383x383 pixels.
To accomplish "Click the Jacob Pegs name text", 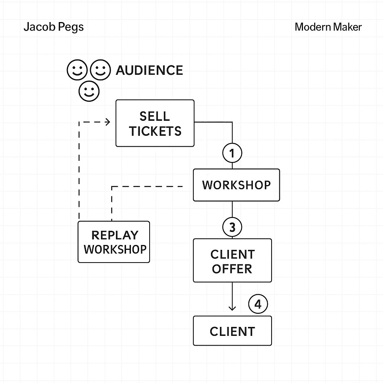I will point(53,27).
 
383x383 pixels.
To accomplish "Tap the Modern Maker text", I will point(328,27).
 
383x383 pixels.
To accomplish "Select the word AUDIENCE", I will point(150,70).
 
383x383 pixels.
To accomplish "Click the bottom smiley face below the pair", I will point(89,91).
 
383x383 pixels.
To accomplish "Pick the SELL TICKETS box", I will point(155,123).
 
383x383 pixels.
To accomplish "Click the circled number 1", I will point(232,153).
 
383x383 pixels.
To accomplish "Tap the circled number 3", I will point(232,227).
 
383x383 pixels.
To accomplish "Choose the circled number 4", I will point(258,304).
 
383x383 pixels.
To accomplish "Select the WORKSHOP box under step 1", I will point(236,185).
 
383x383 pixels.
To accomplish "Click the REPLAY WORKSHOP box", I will point(114,242).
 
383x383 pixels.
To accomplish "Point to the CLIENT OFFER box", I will point(232,260).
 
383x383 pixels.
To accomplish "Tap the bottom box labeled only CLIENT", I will point(232,331).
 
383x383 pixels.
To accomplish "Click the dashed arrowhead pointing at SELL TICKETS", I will point(108,122).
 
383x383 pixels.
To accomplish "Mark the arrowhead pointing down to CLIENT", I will point(232,308).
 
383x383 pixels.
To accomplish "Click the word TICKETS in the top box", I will point(155,131).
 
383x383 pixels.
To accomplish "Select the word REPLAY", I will point(115,235).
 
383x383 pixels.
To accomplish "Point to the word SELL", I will point(154,116).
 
